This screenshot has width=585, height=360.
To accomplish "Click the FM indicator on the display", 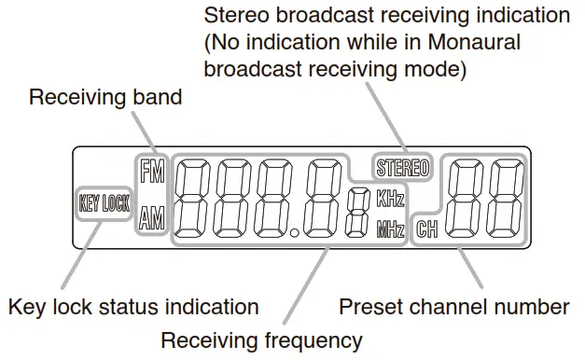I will point(150,172).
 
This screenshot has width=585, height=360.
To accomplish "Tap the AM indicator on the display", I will point(150,220).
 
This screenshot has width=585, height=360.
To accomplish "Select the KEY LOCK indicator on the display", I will point(104,204).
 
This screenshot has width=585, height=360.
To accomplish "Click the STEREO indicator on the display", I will point(401,169).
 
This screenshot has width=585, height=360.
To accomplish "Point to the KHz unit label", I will point(390,199).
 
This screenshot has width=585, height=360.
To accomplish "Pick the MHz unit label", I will point(390,228).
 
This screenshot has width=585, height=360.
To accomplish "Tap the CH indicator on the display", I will point(428,228).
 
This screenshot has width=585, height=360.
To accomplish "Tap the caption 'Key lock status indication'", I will point(132,307).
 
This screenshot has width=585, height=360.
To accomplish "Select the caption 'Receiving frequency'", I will point(261,339).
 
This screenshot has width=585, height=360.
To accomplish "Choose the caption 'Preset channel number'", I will point(453,307).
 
